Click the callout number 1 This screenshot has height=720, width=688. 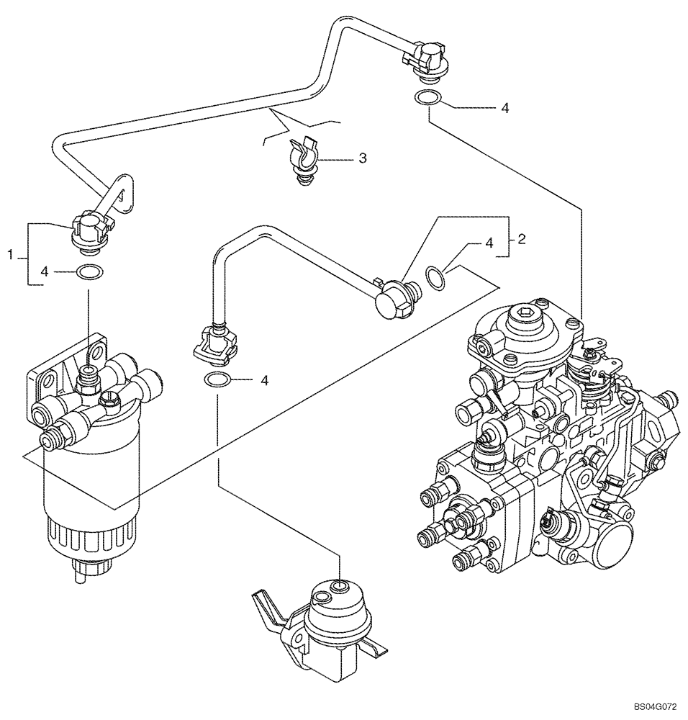tap(10, 254)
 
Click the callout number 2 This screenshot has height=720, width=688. tap(522, 240)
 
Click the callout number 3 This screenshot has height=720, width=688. tap(363, 158)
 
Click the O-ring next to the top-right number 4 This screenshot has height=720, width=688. tap(426, 99)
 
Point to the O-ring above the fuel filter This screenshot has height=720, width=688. tap(89, 272)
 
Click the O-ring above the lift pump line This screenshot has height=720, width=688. tap(218, 380)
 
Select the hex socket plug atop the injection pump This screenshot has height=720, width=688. tap(524, 317)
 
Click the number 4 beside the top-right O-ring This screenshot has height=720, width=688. tap(505, 108)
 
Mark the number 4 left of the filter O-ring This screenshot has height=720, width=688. tap(45, 271)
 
